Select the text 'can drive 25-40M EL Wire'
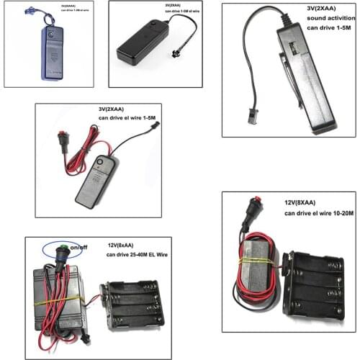tap(140, 255)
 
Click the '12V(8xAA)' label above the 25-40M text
tap(126, 246)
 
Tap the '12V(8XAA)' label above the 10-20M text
tap(303, 204)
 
